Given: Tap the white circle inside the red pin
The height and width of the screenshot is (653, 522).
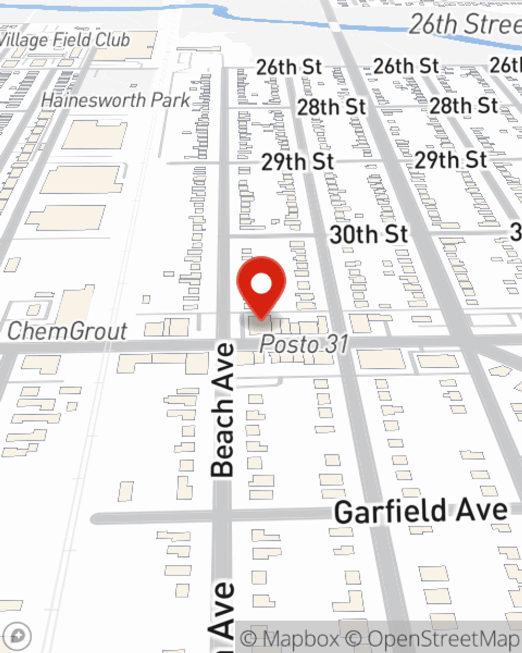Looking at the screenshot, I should click(x=261, y=284).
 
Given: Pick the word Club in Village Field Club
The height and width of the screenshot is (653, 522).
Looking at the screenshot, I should click(x=111, y=39).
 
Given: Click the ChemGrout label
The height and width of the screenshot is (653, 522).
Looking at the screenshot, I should click(x=67, y=331).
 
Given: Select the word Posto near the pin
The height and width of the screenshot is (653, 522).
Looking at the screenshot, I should click(x=289, y=344).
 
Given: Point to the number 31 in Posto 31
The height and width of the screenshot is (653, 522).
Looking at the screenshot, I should click(x=335, y=344).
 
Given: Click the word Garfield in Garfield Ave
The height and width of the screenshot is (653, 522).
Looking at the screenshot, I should click(x=389, y=511).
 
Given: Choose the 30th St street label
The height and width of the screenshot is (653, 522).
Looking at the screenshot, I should click(x=369, y=234).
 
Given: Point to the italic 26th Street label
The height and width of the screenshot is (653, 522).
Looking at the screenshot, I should click(x=465, y=24).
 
